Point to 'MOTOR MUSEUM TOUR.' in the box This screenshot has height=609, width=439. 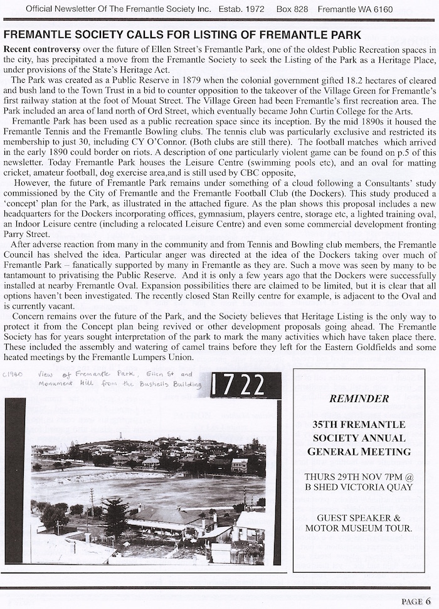tap(358, 529)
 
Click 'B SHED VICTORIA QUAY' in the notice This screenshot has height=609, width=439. tap(358, 487)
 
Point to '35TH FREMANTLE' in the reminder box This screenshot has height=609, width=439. tap(358, 425)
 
